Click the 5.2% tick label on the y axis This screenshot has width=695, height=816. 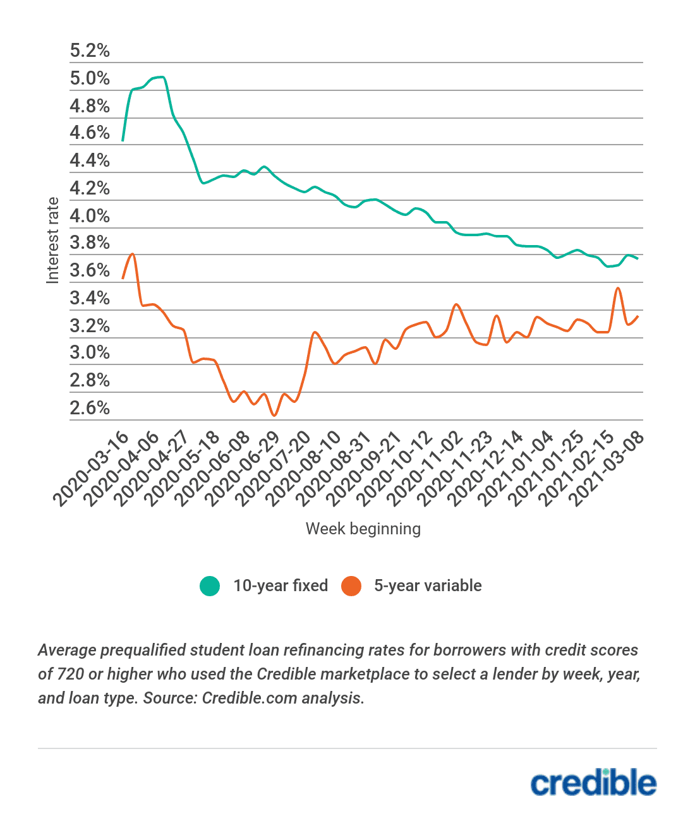coord(90,51)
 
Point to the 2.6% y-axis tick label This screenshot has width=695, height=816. coord(90,408)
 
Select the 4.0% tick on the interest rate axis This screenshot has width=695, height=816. coord(90,216)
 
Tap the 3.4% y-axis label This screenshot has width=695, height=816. coord(90,298)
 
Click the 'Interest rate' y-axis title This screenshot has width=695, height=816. coord(52,240)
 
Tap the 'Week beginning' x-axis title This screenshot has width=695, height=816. coord(363,529)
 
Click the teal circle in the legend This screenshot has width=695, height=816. coord(210,586)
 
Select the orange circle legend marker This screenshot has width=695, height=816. coord(351,586)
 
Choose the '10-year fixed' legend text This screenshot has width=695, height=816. coord(281,586)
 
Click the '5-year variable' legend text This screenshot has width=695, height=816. coord(428,586)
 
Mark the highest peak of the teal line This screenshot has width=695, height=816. coord(162,77)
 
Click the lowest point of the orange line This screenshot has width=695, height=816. coord(274,415)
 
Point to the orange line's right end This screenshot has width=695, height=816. coord(638,316)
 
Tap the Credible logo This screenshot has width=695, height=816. coord(593,783)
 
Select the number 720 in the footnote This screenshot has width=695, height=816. coord(71,674)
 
